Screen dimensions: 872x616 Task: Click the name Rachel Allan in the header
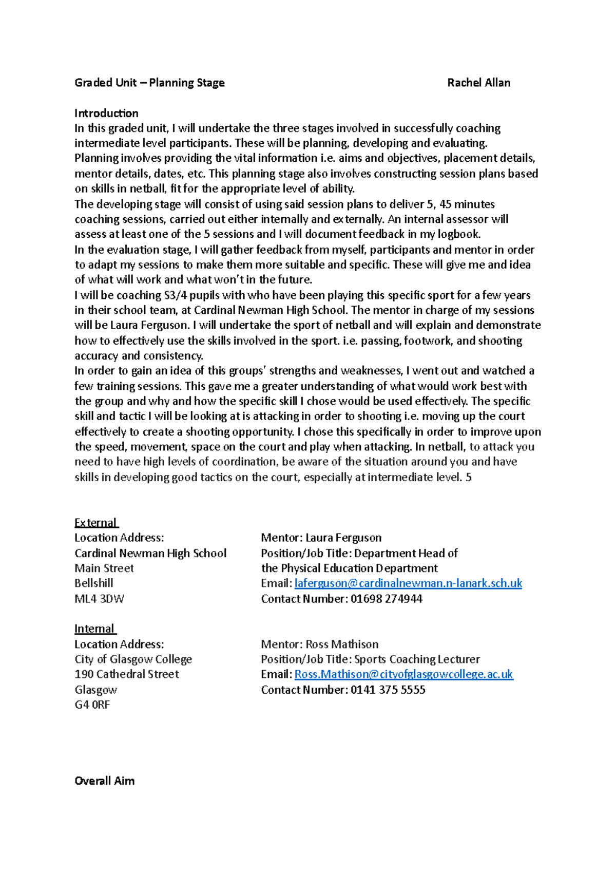478,83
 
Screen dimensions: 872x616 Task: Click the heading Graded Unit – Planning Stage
149,83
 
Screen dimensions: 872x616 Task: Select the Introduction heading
106,113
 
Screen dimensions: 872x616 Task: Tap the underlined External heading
96,523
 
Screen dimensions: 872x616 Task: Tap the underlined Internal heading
95,629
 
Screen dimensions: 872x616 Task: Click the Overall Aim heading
104,781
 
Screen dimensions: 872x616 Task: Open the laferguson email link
408,583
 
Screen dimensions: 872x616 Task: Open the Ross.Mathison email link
403,674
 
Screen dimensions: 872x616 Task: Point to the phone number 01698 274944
387,599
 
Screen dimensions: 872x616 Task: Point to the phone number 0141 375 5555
388,690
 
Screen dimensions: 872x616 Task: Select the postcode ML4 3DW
99,599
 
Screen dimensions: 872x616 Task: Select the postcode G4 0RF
92,705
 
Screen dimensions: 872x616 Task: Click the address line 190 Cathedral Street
127,674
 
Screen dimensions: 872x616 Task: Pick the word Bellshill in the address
93,583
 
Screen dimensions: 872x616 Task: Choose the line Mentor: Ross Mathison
319,644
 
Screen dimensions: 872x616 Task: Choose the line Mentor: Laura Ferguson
321,538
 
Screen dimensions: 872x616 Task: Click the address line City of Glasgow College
133,659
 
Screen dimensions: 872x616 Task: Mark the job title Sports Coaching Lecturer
417,659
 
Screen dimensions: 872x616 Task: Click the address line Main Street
104,568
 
